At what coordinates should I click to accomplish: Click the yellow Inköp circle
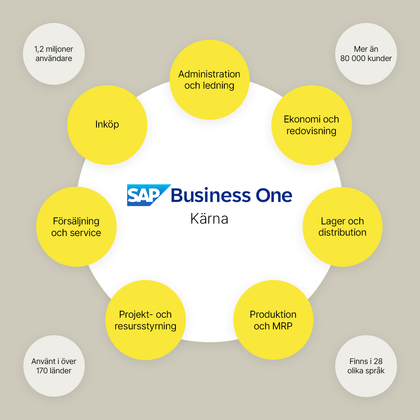pyautogui.click(x=107, y=125)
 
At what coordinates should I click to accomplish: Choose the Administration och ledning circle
pyautogui.click(x=210, y=80)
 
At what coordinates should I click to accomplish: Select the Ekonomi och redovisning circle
pyautogui.click(x=311, y=125)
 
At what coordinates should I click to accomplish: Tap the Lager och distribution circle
pyautogui.click(x=343, y=227)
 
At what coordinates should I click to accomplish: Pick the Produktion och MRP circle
pyautogui.click(x=273, y=320)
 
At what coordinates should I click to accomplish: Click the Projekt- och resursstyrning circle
pyautogui.click(x=145, y=320)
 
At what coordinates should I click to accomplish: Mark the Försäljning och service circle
pyautogui.click(x=76, y=227)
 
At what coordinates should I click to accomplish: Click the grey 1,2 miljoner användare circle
pyautogui.click(x=54, y=54)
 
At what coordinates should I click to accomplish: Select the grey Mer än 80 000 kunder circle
pyautogui.click(x=366, y=54)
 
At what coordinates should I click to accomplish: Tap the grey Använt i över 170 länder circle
pyautogui.click(x=54, y=366)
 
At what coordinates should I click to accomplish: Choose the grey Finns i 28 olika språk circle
pyautogui.click(x=366, y=366)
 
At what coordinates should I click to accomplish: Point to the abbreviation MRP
pyautogui.click(x=282, y=326)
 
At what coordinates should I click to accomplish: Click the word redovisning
pyautogui.click(x=311, y=131)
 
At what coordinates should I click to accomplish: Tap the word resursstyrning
pyautogui.click(x=145, y=326)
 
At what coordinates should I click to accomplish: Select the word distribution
pyautogui.click(x=342, y=232)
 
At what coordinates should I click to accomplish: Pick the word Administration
pyautogui.click(x=209, y=74)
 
